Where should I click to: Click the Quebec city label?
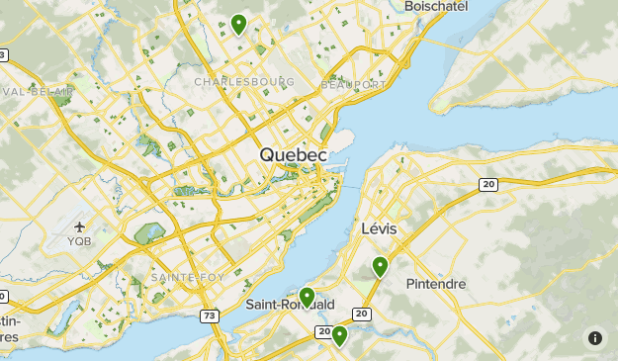[x=293, y=155]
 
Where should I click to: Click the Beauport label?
[x=354, y=85]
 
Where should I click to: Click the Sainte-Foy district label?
[x=188, y=277]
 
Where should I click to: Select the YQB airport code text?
[x=79, y=240]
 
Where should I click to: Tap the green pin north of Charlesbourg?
[x=238, y=24]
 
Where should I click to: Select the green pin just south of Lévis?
[x=380, y=265]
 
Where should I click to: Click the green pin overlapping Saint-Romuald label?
[x=308, y=296]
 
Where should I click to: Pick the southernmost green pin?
[x=339, y=335]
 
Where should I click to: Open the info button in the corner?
[x=595, y=337]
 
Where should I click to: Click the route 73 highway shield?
[x=208, y=316]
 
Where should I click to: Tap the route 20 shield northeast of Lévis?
[x=487, y=184]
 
